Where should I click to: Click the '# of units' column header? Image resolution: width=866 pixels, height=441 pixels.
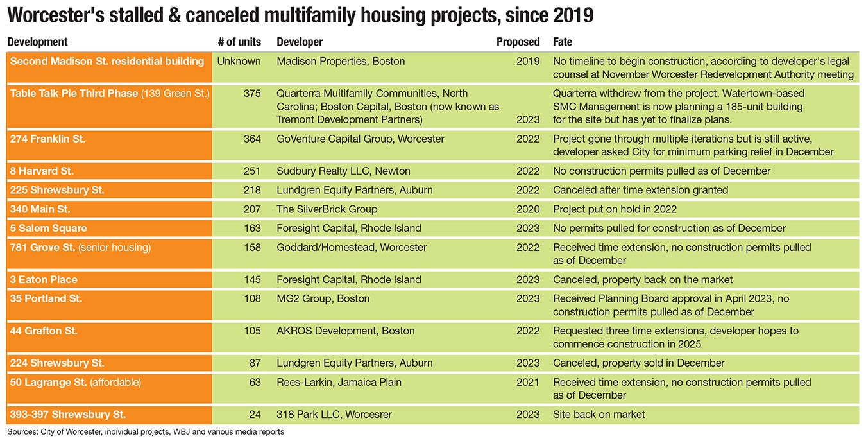coord(239,42)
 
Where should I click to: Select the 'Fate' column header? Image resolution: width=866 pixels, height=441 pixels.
coord(563,42)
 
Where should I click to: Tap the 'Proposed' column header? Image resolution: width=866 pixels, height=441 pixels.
coord(518,42)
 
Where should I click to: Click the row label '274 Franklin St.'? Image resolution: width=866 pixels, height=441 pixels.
coord(47,139)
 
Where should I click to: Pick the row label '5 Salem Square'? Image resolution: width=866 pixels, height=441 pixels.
coord(48,228)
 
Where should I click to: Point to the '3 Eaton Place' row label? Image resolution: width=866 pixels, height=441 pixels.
coord(44,279)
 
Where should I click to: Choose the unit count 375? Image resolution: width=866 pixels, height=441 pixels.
coord(252,94)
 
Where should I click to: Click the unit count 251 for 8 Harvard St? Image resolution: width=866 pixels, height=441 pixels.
coord(252,171)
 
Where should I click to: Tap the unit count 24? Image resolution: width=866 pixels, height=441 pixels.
coord(255,414)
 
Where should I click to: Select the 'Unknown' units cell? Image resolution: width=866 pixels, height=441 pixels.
coord(239,62)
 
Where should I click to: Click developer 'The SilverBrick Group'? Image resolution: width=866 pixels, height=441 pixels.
coord(327,209)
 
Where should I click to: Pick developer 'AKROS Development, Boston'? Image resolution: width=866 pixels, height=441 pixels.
coord(345,331)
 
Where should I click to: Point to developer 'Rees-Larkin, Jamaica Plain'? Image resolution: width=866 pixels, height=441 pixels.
coord(339,382)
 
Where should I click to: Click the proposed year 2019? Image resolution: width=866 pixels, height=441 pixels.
coord(528,62)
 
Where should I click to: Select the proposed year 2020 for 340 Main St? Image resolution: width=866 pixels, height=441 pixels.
coord(528,209)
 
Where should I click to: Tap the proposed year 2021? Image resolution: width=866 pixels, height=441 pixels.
coord(528,382)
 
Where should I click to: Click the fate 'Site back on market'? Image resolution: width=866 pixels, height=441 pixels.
coord(599,414)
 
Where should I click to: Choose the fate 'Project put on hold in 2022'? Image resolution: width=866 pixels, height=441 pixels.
coord(615,209)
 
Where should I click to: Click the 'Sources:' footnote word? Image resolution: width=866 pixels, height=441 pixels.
coord(21,432)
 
